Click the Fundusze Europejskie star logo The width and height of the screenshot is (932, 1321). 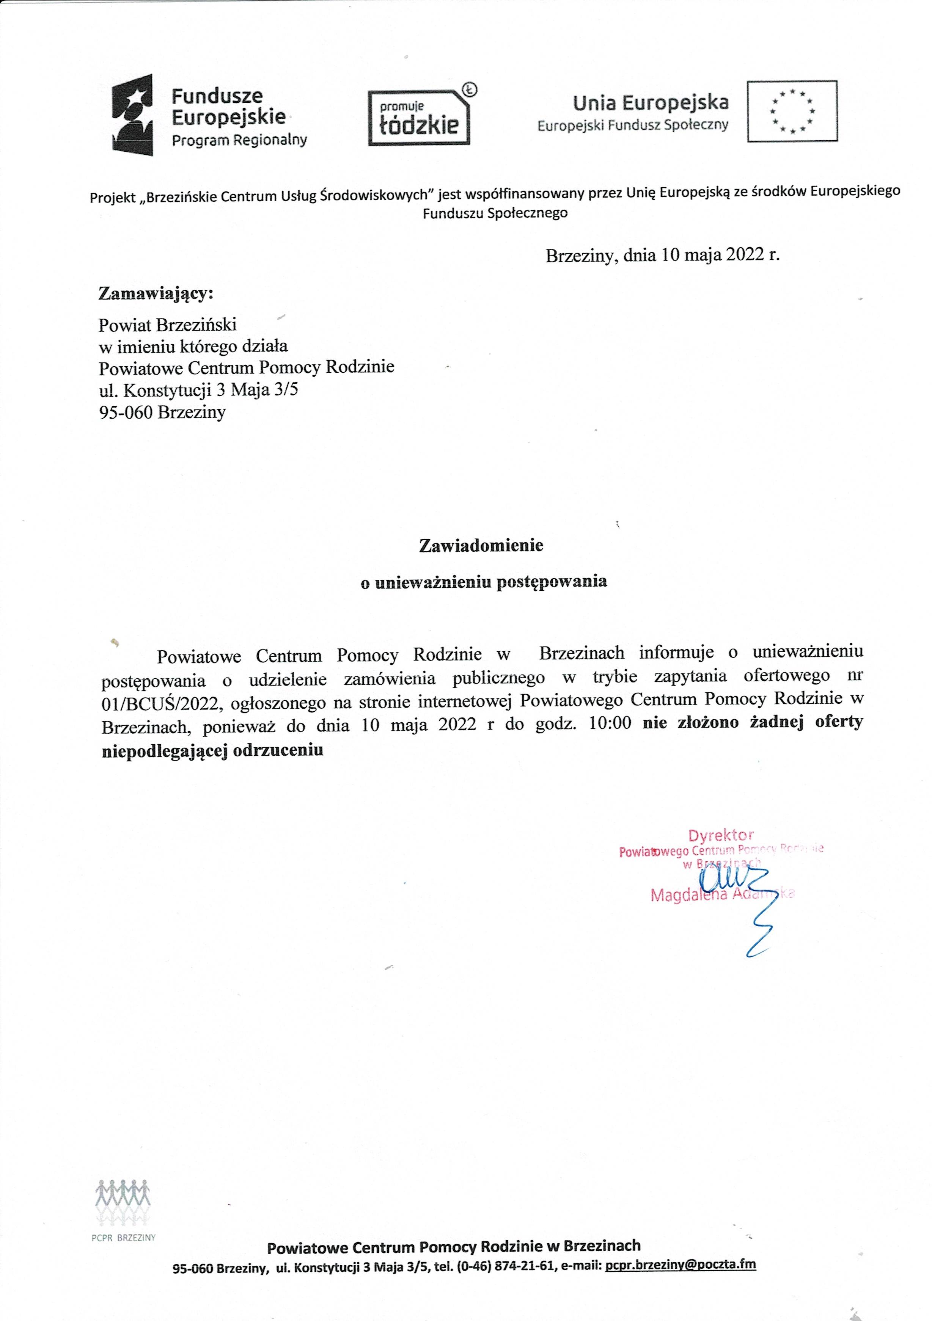click(x=132, y=115)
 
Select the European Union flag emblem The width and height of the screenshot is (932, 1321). click(x=792, y=111)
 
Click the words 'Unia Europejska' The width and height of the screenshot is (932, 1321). click(x=651, y=103)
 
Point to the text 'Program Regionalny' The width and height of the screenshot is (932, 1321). click(x=239, y=140)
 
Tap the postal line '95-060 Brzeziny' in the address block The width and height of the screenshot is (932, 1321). click(x=162, y=413)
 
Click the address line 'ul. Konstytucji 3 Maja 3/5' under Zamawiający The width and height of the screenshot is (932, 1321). click(x=199, y=391)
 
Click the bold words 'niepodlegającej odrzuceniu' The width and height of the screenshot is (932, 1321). click(x=212, y=751)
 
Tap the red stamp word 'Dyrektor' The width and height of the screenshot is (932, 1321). click(x=721, y=835)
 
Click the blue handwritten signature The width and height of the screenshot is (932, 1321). click(x=743, y=897)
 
